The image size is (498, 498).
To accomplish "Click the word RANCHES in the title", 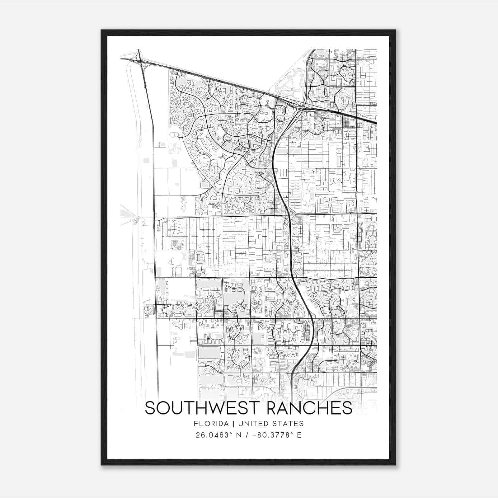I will tap(309, 408).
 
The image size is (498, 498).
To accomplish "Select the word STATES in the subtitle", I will tap(290, 424).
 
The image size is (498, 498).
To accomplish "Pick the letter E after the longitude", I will tap(299, 435).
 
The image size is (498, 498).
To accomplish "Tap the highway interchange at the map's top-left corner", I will tap(139, 59).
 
